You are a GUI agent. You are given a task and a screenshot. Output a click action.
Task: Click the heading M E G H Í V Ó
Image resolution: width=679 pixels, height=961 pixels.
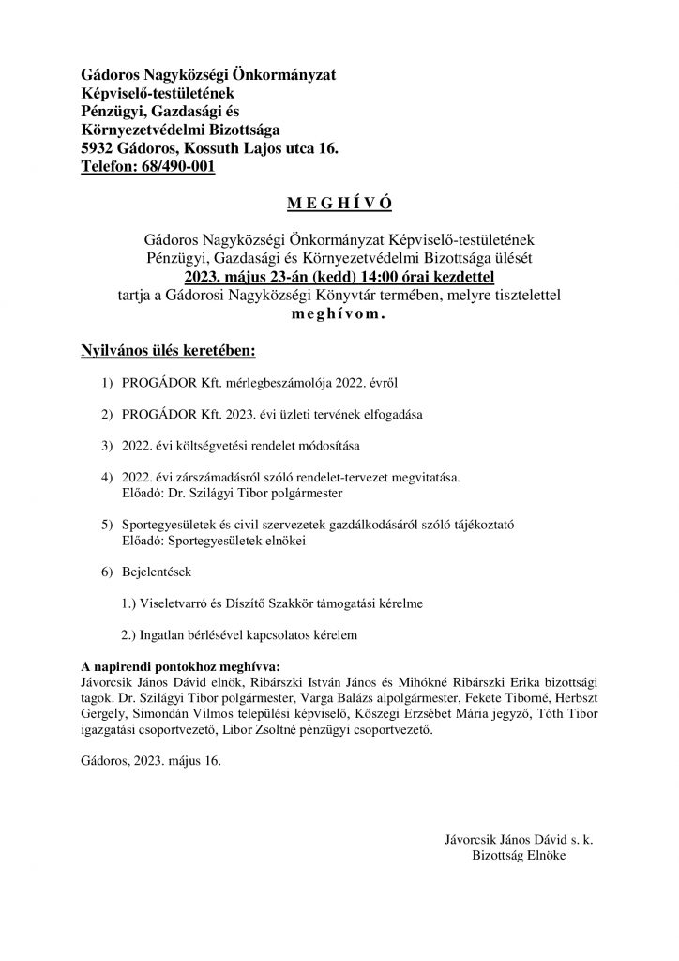coord(339,204)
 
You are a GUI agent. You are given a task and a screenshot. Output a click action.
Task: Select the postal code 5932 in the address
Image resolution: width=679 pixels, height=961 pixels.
coord(98,148)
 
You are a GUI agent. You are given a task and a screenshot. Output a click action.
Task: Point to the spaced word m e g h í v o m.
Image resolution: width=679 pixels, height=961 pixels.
coord(339,315)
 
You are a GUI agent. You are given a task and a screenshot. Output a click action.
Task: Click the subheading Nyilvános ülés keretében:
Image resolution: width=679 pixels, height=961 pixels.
coord(168,352)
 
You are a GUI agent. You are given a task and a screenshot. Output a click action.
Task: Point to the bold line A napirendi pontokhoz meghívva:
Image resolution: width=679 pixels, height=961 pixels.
coord(174,666)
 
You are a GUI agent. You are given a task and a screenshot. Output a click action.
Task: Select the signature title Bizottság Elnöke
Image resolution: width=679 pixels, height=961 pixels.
coord(518,856)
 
